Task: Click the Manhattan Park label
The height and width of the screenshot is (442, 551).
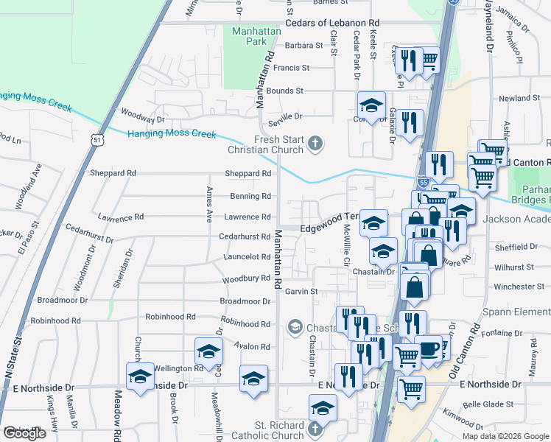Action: (x=250, y=37)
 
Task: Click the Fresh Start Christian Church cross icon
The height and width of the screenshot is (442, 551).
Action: (x=315, y=144)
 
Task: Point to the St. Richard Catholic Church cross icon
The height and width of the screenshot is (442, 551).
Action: (x=315, y=429)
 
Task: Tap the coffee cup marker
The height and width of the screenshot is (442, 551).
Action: (x=429, y=348)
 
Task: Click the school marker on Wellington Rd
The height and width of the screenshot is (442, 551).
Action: (x=140, y=376)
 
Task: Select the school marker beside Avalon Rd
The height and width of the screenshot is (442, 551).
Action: (x=208, y=351)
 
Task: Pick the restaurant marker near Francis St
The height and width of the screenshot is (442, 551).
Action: (x=407, y=61)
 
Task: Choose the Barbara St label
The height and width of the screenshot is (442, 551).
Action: (x=303, y=46)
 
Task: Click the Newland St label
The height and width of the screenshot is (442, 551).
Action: (x=519, y=98)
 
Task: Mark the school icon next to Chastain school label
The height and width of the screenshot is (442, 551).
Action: (x=295, y=326)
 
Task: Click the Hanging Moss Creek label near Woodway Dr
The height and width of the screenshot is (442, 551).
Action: (x=172, y=134)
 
